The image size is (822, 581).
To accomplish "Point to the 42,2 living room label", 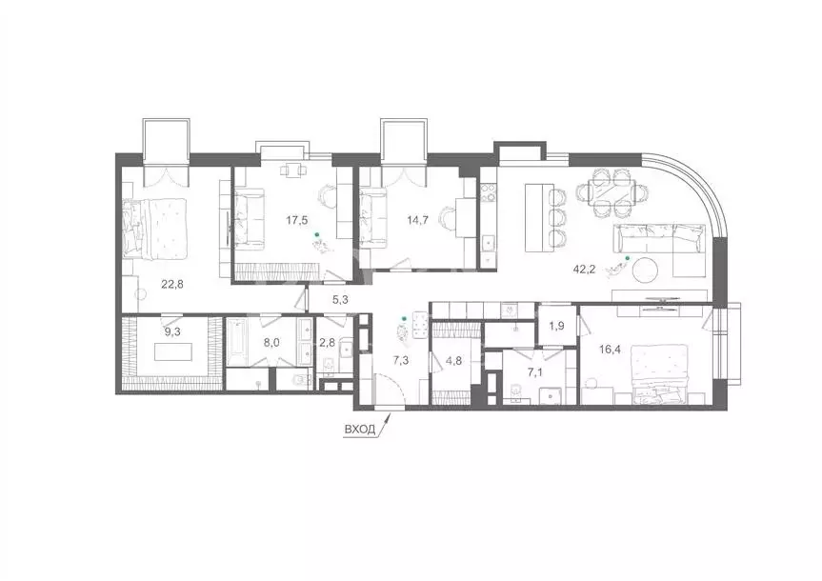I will click(611, 270).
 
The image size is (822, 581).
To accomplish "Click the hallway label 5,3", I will click(341, 301).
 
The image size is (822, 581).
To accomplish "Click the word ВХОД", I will click(358, 430).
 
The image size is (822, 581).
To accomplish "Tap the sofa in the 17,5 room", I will click(251, 217).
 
